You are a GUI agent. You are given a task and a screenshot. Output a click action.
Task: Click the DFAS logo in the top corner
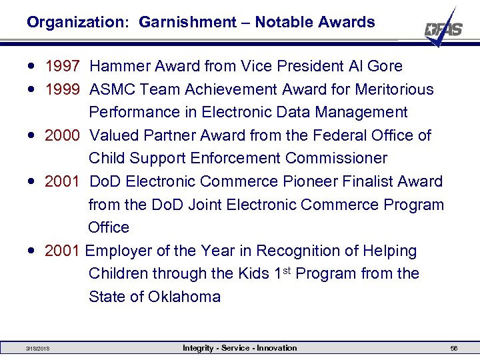click(443, 28)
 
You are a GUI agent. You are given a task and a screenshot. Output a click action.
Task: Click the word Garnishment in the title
click(187, 22)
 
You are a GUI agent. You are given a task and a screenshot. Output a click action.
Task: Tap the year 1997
click(63, 66)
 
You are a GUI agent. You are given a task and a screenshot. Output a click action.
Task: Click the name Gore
click(385, 66)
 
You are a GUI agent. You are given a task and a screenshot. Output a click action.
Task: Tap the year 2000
click(63, 135)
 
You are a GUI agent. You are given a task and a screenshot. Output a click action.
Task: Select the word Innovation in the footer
click(277, 348)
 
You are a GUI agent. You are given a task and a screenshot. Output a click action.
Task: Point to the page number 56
click(454, 349)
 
